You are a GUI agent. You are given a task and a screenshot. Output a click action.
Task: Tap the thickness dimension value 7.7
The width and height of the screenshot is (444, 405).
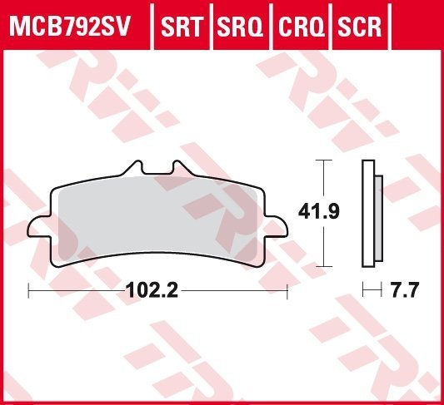tap(403, 291)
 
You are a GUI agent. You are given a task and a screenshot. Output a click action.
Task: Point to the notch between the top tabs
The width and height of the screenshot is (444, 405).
tap(158, 172)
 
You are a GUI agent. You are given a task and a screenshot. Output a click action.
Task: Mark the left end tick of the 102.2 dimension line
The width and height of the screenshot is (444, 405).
tap(29, 290)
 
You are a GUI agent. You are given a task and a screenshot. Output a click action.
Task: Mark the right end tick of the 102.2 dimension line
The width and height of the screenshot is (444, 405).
tap(287, 290)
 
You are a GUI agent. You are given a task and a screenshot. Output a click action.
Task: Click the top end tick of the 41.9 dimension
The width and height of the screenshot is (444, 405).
tap(323, 160)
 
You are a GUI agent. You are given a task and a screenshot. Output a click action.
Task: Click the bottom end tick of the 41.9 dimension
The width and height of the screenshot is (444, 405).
tap(323, 265)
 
